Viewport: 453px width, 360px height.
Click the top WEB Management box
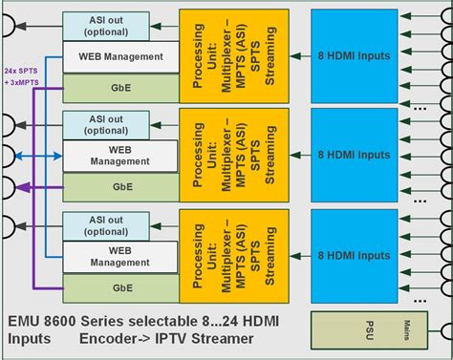pos(120,57)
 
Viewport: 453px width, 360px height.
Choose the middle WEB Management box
pos(120,156)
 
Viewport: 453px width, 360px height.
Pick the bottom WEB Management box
pos(120,255)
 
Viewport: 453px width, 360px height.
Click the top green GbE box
pos(120,86)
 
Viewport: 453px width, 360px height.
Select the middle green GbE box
pos(120,185)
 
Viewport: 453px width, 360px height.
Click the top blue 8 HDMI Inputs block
pos(353,55)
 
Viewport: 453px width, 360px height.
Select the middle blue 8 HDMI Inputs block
pos(353,156)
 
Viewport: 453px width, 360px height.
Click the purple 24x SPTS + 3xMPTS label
pos(20,76)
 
